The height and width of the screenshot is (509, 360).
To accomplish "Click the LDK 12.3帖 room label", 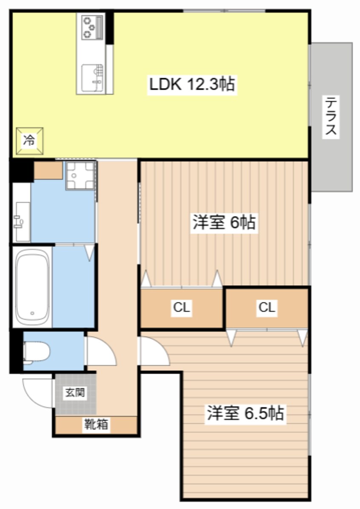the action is (191, 84).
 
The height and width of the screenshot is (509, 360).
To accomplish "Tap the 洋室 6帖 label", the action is (224, 222).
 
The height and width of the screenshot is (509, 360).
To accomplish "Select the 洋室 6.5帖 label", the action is (246, 413).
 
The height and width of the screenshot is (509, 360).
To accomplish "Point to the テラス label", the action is (331, 117).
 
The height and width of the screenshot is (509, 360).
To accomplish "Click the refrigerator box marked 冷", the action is (29, 141).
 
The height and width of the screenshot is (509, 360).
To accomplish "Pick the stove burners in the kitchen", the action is (89, 27).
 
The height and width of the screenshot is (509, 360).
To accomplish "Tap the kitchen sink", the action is (92, 78).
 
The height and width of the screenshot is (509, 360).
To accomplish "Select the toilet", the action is (35, 352).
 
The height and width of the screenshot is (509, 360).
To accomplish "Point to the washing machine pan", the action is (80, 175).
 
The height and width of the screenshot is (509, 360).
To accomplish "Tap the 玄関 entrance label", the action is (75, 392).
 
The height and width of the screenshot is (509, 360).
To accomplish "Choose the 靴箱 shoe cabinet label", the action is (96, 424).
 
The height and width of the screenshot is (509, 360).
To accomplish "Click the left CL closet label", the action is (181, 307).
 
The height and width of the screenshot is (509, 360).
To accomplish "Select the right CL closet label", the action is (267, 307).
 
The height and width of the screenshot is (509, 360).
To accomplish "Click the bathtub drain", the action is (32, 313).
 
